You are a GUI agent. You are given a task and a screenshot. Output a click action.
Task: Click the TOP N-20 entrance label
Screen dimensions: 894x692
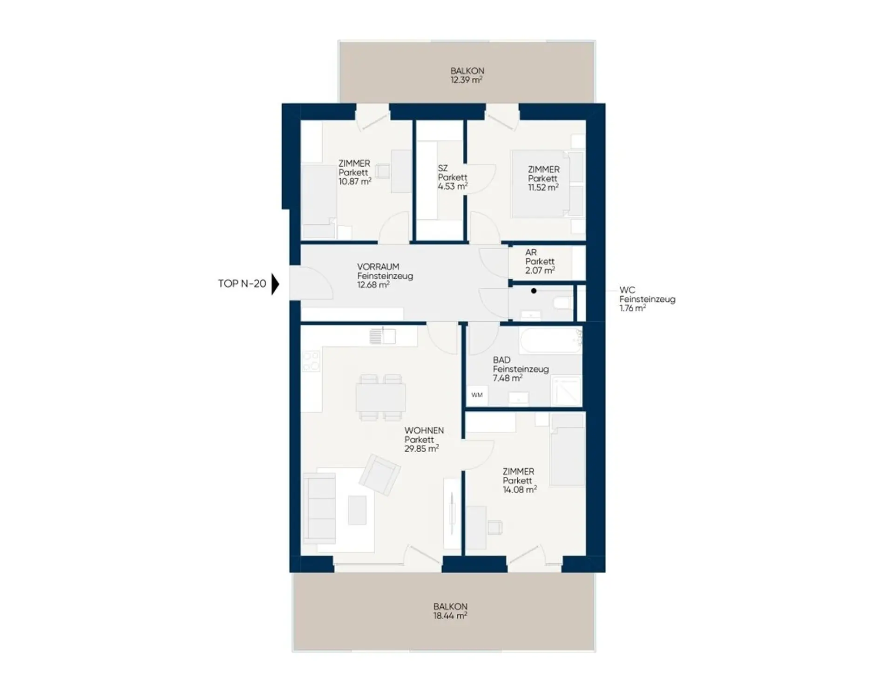[x=242, y=284]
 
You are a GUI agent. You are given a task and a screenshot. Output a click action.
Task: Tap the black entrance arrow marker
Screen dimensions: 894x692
[x=275, y=284]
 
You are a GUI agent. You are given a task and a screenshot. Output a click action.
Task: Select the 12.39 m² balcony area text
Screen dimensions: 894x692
[x=466, y=80]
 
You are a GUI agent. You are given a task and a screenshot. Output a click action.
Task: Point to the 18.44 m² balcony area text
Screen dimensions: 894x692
[x=450, y=616]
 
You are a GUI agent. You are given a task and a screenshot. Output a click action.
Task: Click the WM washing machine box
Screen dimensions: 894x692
[x=477, y=395]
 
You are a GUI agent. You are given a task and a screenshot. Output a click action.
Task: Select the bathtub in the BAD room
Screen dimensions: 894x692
[x=551, y=340]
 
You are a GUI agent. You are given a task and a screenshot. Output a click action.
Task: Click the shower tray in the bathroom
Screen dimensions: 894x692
[x=566, y=391]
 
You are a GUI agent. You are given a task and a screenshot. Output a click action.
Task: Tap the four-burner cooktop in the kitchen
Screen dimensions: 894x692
[x=311, y=361]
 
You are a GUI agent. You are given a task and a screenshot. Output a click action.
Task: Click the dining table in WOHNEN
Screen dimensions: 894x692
[x=380, y=397]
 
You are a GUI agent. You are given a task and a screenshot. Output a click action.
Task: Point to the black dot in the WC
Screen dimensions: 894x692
[x=534, y=291]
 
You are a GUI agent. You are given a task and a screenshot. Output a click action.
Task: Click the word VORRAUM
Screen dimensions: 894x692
[x=378, y=267]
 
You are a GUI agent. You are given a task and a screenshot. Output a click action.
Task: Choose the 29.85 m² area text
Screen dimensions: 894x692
[x=421, y=448]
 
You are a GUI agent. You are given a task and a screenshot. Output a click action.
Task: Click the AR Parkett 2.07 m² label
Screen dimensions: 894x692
[x=540, y=261]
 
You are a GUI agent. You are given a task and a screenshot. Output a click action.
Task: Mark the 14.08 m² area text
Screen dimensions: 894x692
[x=520, y=489]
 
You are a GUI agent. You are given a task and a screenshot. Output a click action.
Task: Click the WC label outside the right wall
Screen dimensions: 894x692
[x=627, y=290]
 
